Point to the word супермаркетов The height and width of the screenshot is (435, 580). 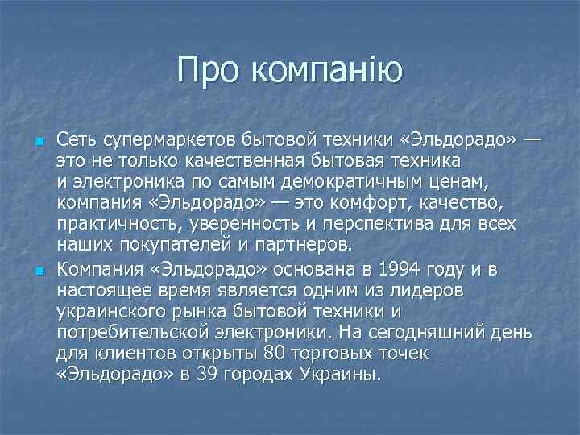tap(155, 141)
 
